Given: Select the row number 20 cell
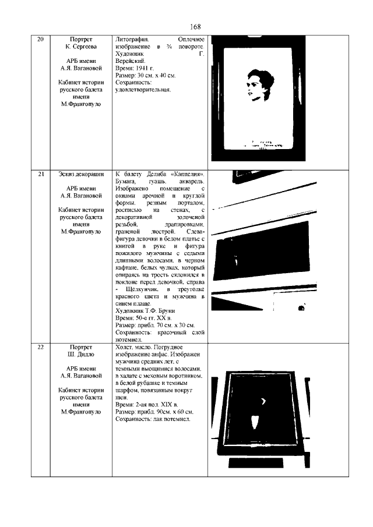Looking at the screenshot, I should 40,39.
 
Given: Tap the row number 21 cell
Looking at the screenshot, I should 40,174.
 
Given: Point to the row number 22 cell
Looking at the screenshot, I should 40,347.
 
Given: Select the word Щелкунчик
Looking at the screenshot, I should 143,289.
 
